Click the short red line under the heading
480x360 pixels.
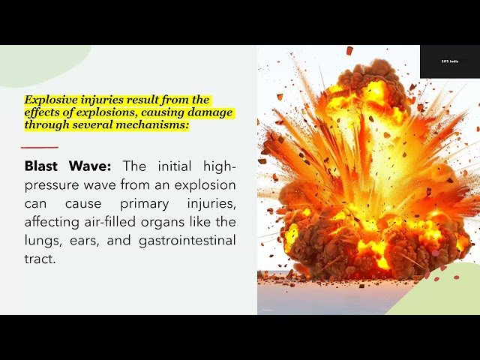point(40,147)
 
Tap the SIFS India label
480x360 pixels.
point(450,61)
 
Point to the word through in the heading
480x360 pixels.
point(47,126)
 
